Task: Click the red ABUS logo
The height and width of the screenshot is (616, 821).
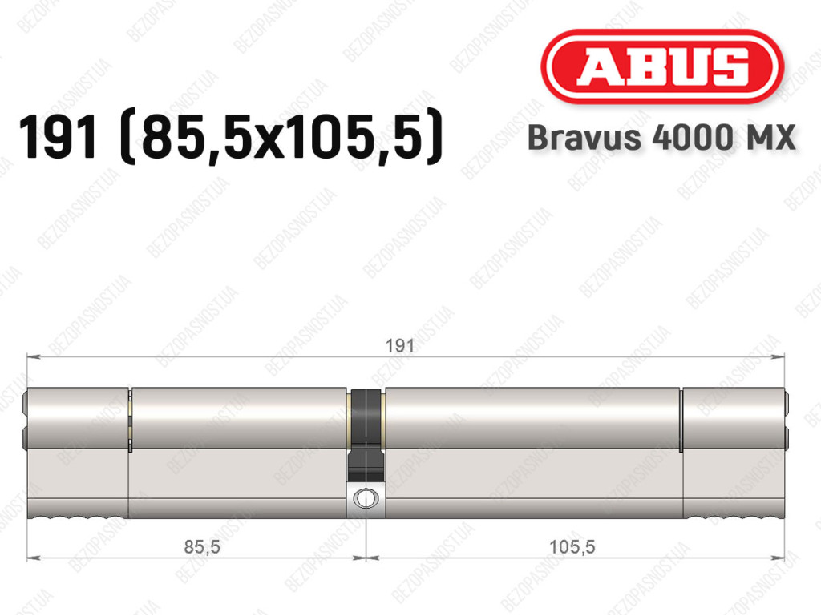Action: (x=661, y=66)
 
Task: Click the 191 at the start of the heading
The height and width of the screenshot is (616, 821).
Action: (x=58, y=137)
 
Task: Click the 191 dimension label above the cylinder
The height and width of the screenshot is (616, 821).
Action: (x=399, y=346)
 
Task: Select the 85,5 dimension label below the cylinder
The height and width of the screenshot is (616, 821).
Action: (x=202, y=547)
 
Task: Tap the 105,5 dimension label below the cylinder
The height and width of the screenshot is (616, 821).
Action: (x=572, y=547)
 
